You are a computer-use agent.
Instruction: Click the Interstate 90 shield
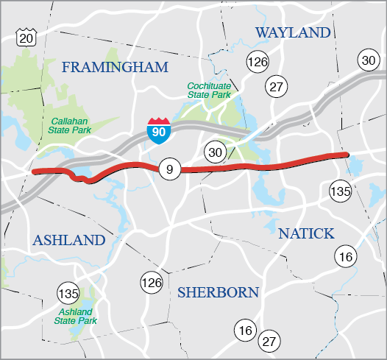click(156, 130)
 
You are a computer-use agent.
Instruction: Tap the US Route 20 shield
click(26, 38)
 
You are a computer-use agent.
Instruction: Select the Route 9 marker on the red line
click(168, 169)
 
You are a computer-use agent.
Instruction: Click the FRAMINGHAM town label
click(115, 68)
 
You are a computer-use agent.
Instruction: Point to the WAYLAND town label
click(293, 33)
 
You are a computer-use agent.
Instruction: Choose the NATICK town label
click(306, 234)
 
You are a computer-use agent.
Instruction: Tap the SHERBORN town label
click(218, 293)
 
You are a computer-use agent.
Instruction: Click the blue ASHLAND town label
click(68, 241)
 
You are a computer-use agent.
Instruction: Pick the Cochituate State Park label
click(209, 89)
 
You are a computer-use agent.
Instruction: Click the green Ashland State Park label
click(77, 316)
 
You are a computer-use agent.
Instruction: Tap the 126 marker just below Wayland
click(258, 62)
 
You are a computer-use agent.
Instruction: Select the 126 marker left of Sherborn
click(151, 282)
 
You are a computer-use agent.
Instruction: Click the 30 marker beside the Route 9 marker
click(214, 152)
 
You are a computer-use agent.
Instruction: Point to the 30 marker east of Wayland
click(367, 60)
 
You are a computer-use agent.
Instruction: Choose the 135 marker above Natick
click(340, 190)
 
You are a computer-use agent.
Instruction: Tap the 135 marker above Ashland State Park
click(68, 294)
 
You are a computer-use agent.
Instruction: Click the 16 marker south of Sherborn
click(245, 331)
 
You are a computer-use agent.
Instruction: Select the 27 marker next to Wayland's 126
click(277, 85)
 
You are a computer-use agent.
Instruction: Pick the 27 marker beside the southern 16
click(270, 341)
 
